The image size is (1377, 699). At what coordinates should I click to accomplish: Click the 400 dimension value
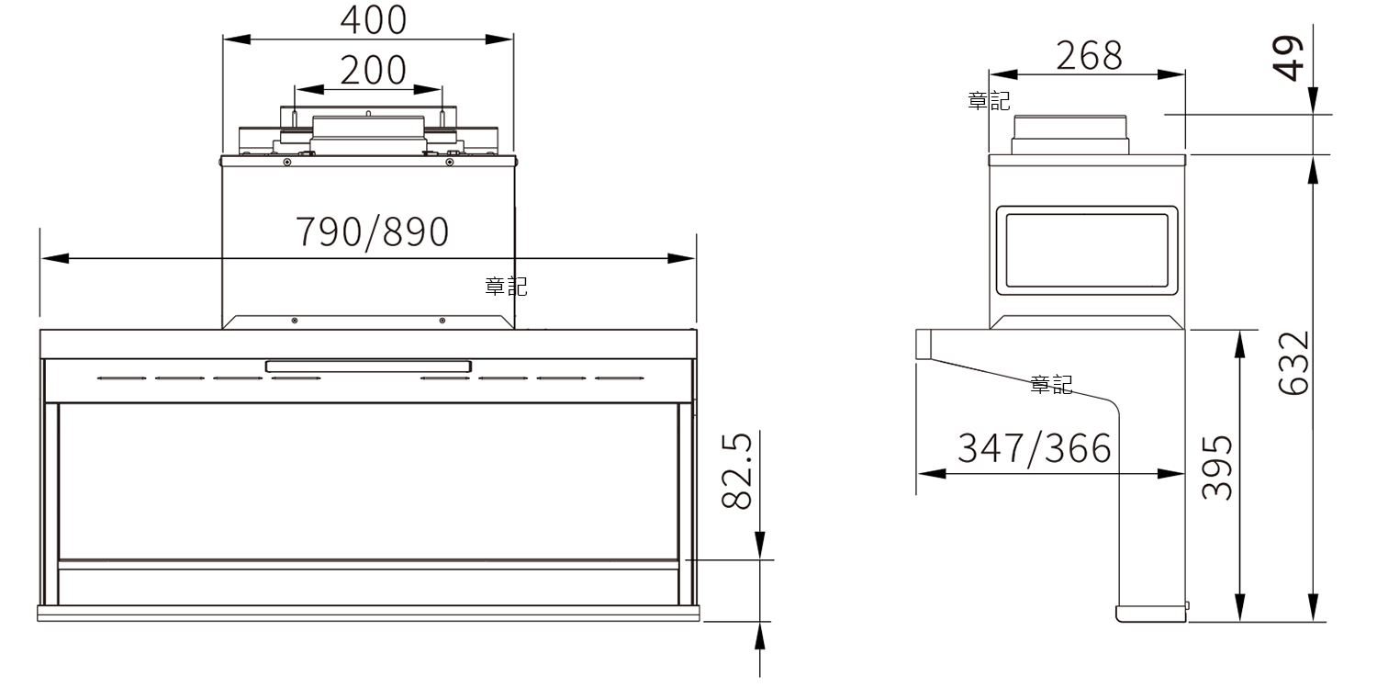pos(373,19)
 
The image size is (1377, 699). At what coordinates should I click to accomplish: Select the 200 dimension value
pos(373,70)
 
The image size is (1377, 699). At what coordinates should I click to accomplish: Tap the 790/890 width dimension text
pos(373,232)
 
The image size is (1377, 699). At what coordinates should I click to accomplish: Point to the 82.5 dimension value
pos(736,471)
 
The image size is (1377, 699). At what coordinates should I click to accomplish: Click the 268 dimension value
pos(1090,56)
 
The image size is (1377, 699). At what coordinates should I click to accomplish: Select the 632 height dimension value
pos(1293,363)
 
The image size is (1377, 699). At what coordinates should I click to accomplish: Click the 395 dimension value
pos(1217,468)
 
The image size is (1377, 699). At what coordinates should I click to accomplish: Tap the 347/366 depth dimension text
pos(1035,448)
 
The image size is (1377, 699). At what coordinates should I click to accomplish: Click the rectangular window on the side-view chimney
pos(1087,251)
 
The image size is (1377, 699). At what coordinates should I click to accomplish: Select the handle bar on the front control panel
pos(369,366)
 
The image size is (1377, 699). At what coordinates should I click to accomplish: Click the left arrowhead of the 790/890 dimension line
pos(55,258)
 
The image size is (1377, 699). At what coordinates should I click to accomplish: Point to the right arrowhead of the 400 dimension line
pos(499,39)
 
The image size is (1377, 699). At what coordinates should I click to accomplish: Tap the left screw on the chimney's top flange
pos(287,162)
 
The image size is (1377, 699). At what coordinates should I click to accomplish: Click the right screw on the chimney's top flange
pos(450,162)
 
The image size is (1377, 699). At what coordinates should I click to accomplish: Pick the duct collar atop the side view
pos(1070,135)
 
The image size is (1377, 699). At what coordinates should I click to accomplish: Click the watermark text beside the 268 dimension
pos(989,101)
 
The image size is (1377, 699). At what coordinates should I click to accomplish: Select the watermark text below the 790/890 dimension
pos(506,287)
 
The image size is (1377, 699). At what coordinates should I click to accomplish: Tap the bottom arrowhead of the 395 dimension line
pos(1240,608)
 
